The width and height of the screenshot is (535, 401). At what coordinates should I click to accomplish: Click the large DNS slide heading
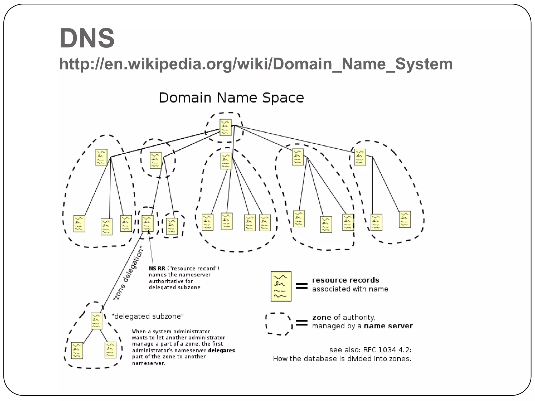pos(87,38)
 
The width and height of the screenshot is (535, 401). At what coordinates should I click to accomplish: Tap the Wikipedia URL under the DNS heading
pos(256,64)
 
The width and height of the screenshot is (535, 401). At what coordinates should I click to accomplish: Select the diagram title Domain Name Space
pos(231,98)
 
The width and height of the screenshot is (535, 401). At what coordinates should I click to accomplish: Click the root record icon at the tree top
pos(225,127)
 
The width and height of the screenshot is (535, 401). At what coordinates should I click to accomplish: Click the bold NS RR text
pos(157,268)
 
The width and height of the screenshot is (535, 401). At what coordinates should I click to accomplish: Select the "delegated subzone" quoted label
pos(148,316)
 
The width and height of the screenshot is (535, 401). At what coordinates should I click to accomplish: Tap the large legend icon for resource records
pos(281,286)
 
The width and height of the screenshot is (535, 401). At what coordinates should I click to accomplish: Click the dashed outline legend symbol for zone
pos(279,324)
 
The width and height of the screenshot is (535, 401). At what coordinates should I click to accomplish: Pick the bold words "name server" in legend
pos(388,326)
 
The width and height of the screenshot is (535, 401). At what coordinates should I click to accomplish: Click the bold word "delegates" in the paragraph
pos(222,350)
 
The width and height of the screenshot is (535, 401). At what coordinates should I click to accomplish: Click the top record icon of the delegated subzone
pos(96,321)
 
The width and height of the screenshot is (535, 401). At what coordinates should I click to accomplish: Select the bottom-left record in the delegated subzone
pos(77,351)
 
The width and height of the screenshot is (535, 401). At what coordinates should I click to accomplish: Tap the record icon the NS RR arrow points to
pos(147,223)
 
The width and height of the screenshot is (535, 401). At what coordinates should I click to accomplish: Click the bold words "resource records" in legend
pos(345,280)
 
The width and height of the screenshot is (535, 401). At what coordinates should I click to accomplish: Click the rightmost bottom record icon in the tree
pos(405,220)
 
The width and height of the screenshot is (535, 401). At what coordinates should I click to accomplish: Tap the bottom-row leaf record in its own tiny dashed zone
pos(172,226)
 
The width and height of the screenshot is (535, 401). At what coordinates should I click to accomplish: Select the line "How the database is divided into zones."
pos(342,359)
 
